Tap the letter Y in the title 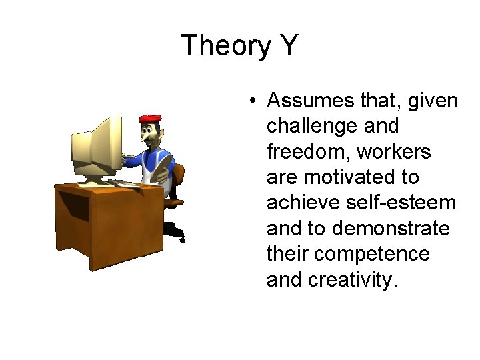pyautogui.click(x=287, y=45)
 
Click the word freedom pyautogui.click(x=308, y=151)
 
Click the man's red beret pyautogui.click(x=151, y=119)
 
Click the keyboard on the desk pyautogui.click(x=130, y=183)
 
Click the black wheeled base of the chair pyautogui.click(x=175, y=229)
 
